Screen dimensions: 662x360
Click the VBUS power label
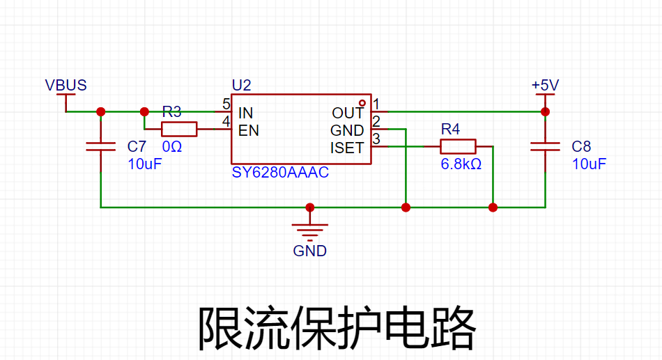(x=66, y=85)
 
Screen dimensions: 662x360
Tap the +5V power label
(x=545, y=85)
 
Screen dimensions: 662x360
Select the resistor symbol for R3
(x=179, y=129)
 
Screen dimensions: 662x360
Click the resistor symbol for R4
(x=458, y=146)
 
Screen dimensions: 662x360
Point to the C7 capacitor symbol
(x=100, y=146)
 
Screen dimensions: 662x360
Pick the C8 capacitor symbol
(x=545, y=146)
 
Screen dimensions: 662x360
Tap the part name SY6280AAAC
(x=280, y=172)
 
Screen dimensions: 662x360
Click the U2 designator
(x=242, y=85)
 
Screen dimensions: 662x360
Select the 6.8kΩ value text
(x=461, y=164)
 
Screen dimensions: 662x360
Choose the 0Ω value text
(x=172, y=146)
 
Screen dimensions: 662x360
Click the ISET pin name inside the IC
(x=347, y=148)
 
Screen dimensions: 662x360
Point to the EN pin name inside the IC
(x=249, y=131)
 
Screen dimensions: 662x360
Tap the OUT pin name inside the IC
(x=348, y=113)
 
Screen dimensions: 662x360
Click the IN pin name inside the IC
(x=246, y=113)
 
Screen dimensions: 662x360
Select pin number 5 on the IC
(x=226, y=104)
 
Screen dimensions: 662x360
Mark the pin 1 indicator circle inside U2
(x=362, y=102)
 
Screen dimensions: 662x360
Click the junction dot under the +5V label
(x=545, y=112)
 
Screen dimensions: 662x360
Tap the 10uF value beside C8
(x=589, y=164)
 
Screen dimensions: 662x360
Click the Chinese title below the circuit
(x=337, y=328)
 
